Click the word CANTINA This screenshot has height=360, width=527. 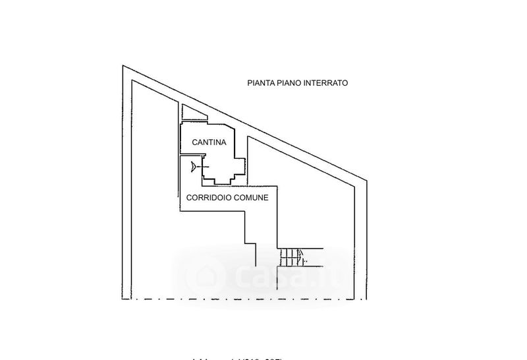(209, 142)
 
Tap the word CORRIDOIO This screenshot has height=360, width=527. (209, 197)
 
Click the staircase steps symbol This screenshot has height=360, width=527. (289, 256)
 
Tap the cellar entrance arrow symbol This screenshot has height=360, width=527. (192, 166)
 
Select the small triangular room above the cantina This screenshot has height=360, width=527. (190, 113)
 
